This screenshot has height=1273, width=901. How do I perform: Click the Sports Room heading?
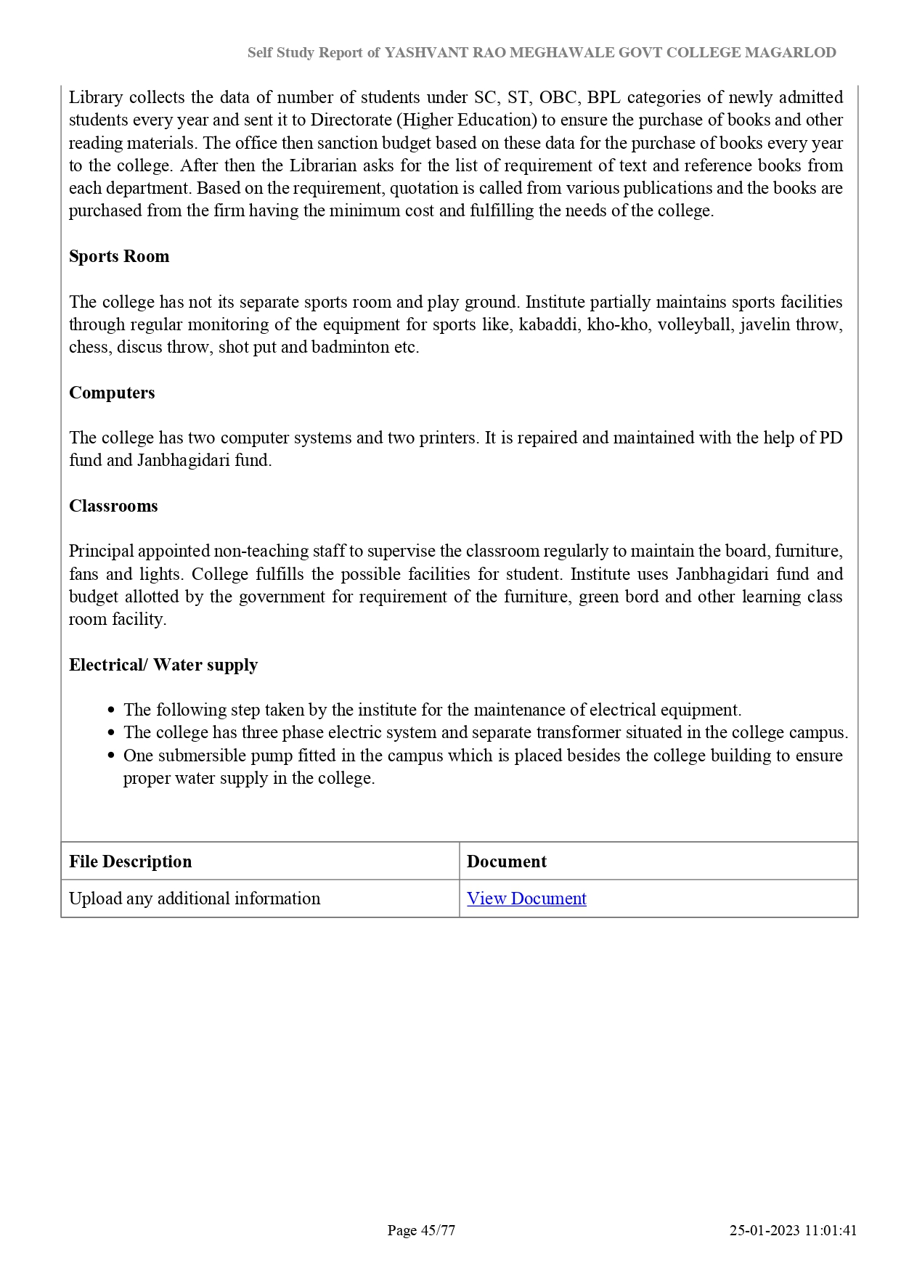coord(119,256)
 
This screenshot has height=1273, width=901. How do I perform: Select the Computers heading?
coord(112,393)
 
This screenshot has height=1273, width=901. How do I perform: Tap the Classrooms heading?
coord(113,506)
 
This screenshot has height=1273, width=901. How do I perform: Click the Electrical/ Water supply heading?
coord(163,665)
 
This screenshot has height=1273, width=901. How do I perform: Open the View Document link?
coord(526,899)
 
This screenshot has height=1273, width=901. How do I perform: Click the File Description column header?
coord(131,861)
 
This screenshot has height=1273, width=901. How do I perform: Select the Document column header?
coord(507,861)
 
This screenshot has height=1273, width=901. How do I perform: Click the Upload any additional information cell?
coord(195,899)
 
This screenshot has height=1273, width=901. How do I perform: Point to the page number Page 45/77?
coord(421,1230)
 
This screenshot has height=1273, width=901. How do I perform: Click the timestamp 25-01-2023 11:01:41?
coord(794,1230)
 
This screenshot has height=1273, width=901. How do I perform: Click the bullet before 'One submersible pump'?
coord(111,756)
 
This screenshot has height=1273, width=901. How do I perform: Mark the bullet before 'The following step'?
coord(111,711)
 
